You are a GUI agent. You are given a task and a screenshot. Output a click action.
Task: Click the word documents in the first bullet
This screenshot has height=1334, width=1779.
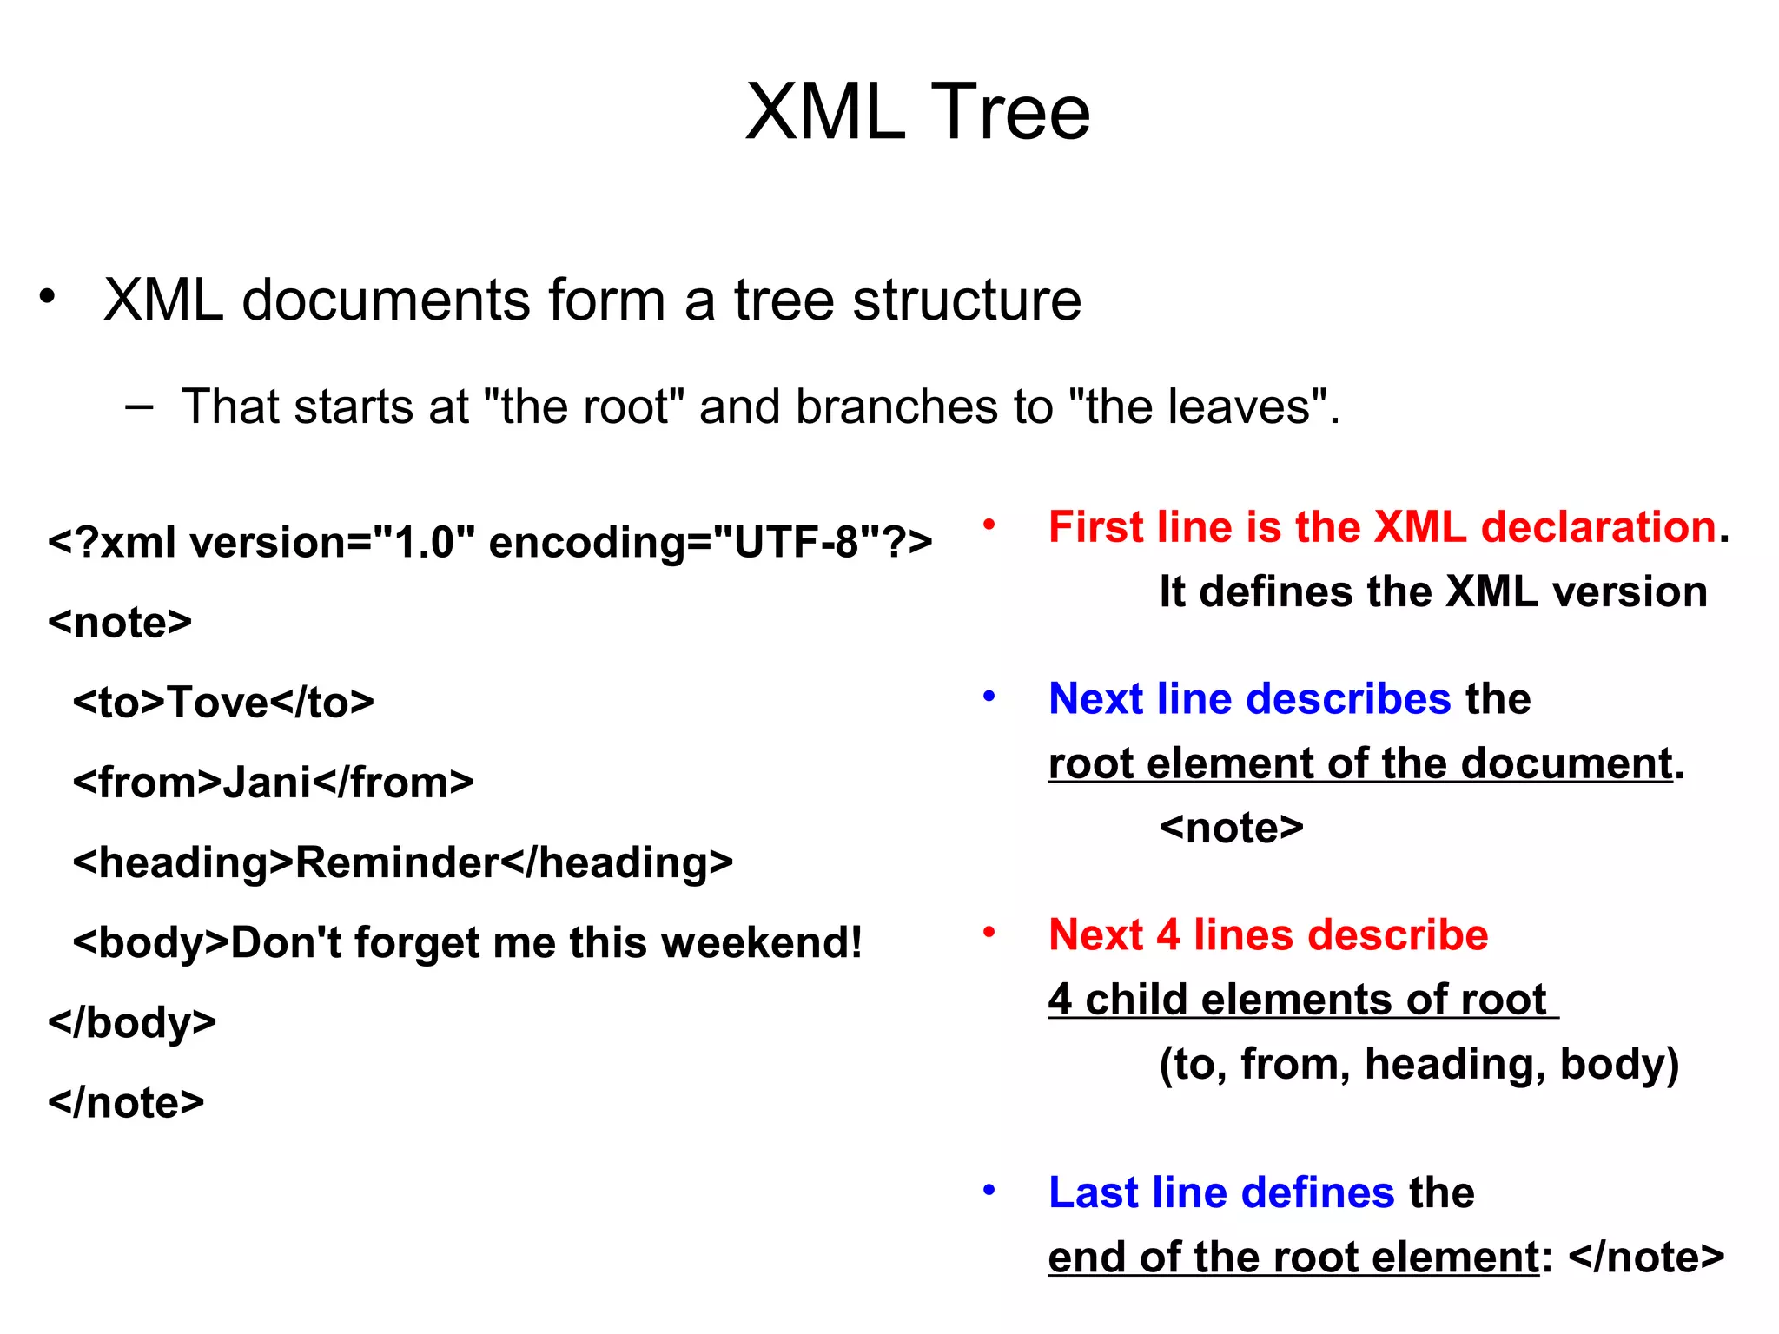point(386,300)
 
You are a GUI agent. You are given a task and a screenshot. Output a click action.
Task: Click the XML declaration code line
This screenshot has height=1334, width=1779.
point(490,543)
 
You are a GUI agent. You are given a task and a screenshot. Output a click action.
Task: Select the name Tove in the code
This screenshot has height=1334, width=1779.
point(217,703)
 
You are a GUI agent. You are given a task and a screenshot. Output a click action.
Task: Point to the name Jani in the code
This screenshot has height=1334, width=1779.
point(267,783)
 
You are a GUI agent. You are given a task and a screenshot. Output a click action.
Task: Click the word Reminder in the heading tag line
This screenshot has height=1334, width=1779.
point(397,863)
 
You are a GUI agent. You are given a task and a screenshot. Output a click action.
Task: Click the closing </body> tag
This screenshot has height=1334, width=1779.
point(132,1023)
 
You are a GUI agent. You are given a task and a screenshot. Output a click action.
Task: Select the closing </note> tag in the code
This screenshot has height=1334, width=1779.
point(126,1103)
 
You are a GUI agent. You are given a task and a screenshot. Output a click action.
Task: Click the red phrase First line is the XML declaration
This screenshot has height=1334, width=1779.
point(1382,527)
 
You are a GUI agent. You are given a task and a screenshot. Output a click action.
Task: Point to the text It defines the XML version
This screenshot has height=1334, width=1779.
point(1433,592)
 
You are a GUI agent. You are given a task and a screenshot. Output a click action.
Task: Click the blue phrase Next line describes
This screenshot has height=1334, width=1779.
point(1249,699)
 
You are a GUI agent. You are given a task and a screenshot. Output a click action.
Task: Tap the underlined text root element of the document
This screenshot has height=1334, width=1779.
point(1360,764)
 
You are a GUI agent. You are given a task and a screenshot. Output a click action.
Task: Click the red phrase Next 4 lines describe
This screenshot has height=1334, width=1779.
point(1268,935)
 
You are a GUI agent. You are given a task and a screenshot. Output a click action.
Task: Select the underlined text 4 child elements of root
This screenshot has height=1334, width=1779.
point(1298,1000)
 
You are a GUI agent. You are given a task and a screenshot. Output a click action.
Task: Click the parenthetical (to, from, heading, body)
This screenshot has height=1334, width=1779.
point(1419,1064)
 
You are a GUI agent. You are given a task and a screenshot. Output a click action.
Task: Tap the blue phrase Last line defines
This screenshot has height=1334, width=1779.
point(1221,1192)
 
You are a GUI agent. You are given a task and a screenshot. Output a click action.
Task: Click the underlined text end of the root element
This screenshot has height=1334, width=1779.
point(1293,1258)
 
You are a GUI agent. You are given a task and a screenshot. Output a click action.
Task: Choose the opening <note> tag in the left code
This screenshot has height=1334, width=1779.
point(120,623)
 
